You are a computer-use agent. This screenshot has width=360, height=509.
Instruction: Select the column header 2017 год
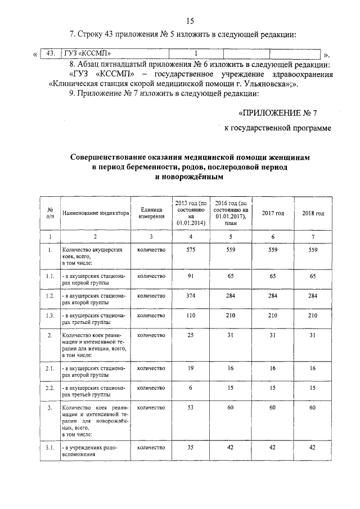point(273,213)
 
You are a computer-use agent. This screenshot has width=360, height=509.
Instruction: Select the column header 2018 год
point(313,213)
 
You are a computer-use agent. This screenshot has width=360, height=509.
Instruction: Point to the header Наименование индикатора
point(93,213)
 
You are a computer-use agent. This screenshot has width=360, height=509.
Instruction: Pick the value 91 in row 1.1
point(191,276)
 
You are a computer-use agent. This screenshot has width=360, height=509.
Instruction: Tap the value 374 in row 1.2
point(191,295)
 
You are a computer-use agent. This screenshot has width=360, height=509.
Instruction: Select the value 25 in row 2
point(191,336)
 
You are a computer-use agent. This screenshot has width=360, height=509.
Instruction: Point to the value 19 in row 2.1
point(191,368)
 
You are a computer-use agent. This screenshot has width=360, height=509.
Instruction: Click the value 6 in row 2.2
point(191,388)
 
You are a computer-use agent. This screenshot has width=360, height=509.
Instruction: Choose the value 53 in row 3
point(191,407)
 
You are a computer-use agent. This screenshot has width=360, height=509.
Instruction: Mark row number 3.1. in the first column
point(50,448)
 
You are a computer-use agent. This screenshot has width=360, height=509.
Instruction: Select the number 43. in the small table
point(50,53)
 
